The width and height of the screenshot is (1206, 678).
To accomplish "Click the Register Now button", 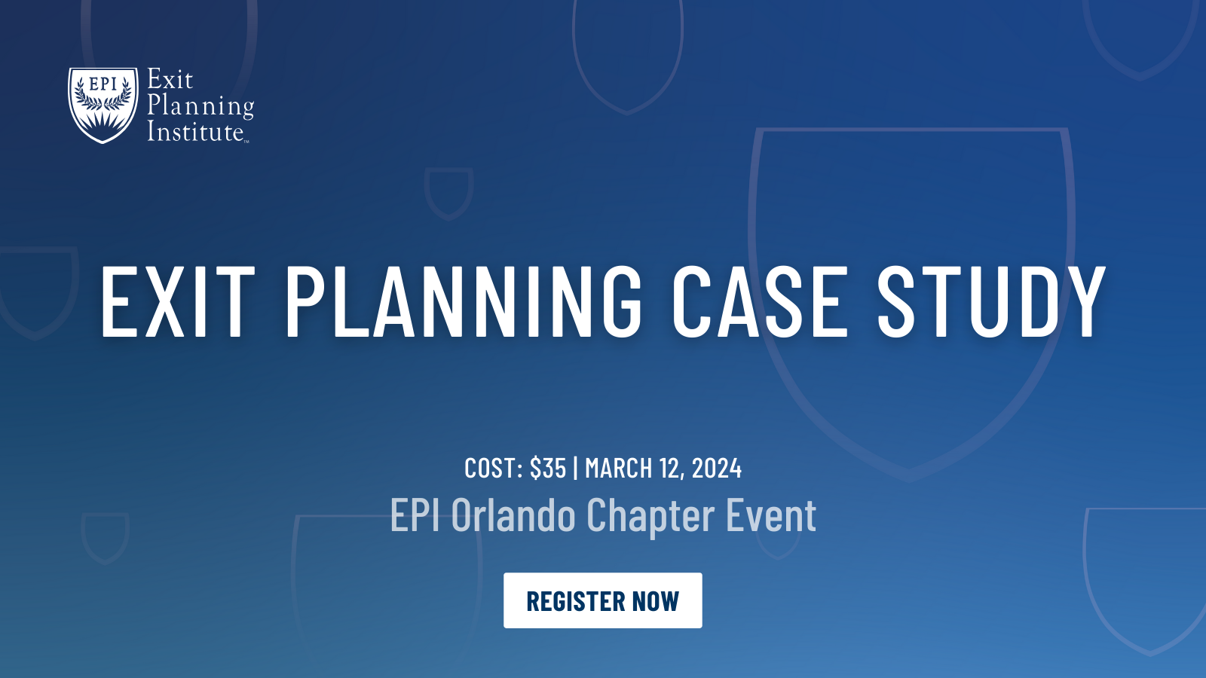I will [x=602, y=600].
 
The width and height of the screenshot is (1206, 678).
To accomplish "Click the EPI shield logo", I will [x=103, y=104].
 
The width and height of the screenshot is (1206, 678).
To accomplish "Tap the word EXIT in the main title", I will [x=177, y=301].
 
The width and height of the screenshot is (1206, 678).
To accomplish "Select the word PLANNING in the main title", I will [x=463, y=301].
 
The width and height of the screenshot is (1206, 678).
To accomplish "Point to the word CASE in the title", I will [x=760, y=301].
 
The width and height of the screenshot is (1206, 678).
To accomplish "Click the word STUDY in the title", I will [x=991, y=301].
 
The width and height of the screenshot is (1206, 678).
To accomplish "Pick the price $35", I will [x=548, y=469].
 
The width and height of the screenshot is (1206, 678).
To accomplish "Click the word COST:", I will [x=494, y=469].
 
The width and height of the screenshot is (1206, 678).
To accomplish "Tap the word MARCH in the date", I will [x=618, y=469].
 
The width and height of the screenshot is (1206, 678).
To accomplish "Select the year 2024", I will [x=717, y=469].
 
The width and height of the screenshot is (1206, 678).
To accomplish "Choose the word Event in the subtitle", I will [x=771, y=516].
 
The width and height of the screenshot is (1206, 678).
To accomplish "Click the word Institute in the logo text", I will [x=195, y=132].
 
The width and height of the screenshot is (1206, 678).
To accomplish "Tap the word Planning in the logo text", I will [x=200, y=106].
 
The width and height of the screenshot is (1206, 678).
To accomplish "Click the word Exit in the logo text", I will [x=170, y=80].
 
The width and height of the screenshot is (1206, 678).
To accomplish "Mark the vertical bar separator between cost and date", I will [x=576, y=469].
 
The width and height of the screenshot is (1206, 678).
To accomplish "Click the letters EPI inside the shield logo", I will [x=103, y=84].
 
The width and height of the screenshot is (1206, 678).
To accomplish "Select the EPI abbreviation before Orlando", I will [x=415, y=516].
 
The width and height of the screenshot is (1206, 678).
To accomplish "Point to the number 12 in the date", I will [x=670, y=469].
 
